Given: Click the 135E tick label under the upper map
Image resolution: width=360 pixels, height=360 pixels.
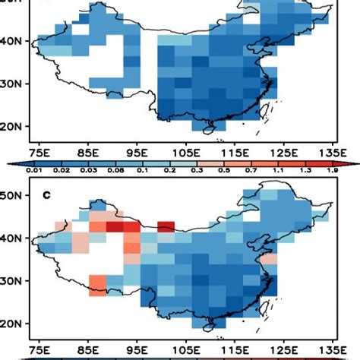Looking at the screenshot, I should tap(329, 151).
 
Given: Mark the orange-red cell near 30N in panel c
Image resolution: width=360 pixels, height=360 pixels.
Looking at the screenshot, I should tap(99, 283).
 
